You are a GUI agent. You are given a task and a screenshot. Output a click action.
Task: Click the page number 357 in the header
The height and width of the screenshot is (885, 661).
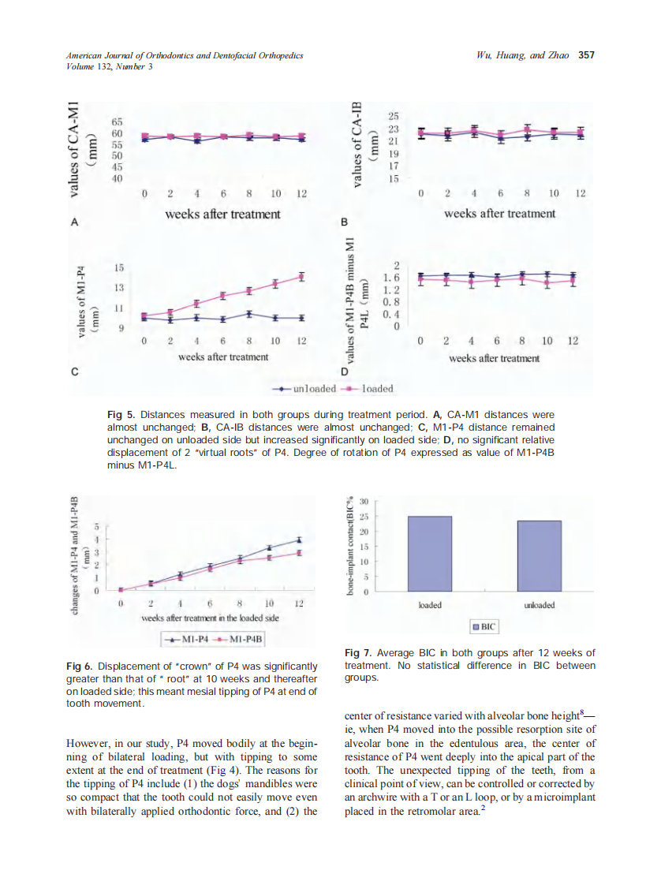[x=585, y=55]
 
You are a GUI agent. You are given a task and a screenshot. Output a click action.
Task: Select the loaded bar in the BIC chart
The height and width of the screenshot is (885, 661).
[x=429, y=554]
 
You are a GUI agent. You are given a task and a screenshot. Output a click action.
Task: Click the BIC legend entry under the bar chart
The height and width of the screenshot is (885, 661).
[x=484, y=627]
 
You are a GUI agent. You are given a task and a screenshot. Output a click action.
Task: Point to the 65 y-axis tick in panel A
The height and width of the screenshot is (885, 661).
[x=117, y=123]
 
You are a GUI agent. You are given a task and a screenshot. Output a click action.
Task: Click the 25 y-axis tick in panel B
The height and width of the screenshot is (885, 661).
[x=394, y=117]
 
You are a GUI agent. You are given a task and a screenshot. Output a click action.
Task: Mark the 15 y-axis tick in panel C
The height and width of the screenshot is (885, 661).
[x=120, y=269]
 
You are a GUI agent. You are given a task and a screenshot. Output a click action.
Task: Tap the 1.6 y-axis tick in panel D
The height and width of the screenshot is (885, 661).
[x=391, y=278]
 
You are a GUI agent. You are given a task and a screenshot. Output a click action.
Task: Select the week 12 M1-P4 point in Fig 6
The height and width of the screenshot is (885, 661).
[x=299, y=540]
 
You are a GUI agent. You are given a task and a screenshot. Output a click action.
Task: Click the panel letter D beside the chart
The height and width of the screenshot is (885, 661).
[x=343, y=371]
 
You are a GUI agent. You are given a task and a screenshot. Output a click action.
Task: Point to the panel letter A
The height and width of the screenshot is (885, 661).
[x=74, y=223]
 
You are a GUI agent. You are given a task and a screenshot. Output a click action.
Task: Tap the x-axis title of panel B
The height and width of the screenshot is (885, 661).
[x=499, y=214]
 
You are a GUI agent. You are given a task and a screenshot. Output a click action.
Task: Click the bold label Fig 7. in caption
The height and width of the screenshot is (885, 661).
[x=359, y=653]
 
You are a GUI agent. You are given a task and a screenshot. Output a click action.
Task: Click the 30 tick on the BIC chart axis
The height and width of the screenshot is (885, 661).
[x=364, y=502]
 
